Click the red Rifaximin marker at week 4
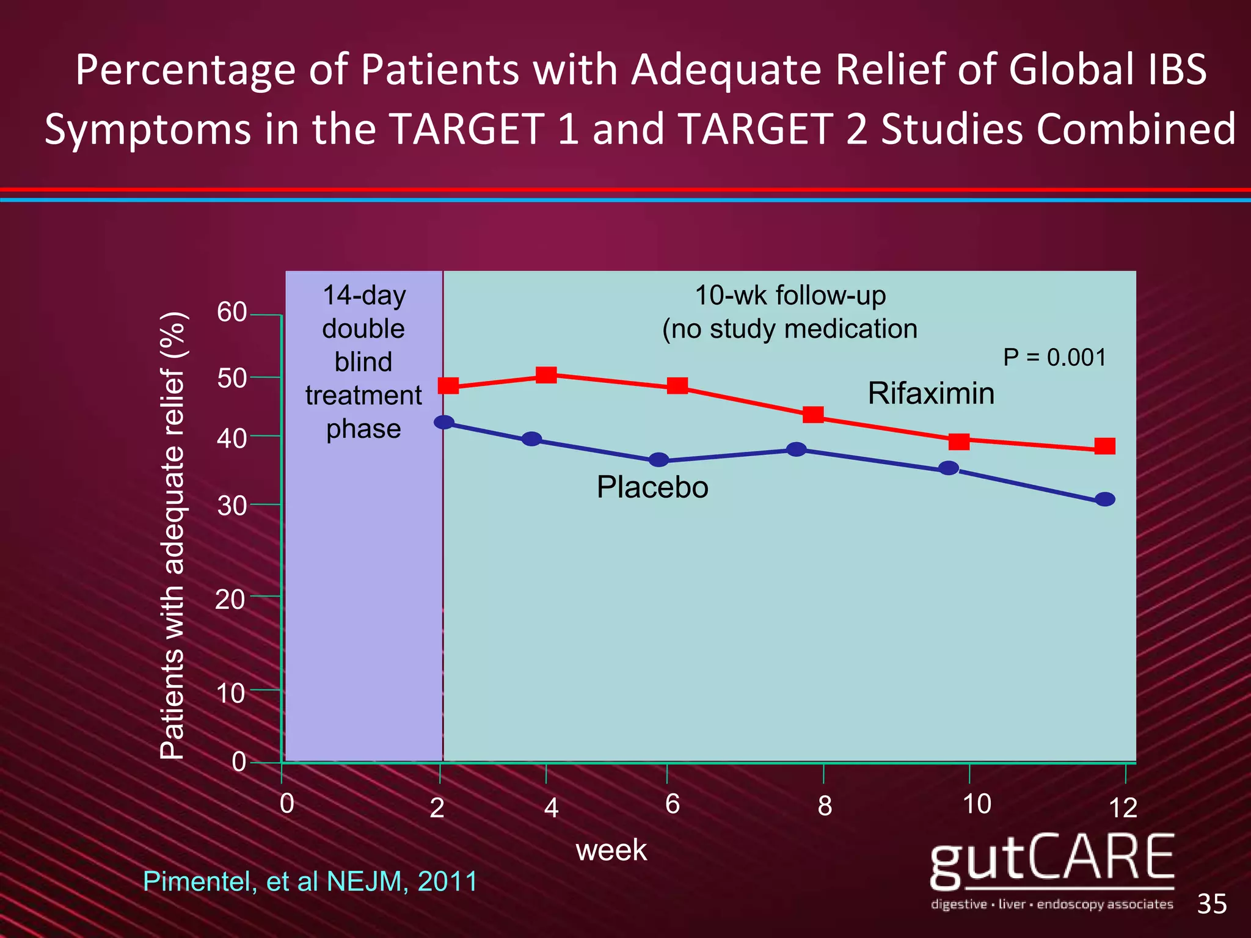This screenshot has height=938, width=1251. pos(546,375)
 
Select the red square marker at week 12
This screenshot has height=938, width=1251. pos(1104,446)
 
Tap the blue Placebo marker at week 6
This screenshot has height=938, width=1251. pos(658,460)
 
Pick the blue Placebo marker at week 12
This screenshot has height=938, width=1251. pos(1105,500)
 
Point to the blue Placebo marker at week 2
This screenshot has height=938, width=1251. pos(444,422)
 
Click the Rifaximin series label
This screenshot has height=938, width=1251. pos(931,393)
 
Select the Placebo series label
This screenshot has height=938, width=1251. pos(652,487)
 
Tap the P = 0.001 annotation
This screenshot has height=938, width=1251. pos(1054,357)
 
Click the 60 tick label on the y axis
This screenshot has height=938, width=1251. pos(232,312)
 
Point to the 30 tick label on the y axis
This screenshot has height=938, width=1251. pos(232,506)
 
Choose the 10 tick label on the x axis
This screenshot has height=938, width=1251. pos(976,804)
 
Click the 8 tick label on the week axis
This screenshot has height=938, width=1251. pos(825,806)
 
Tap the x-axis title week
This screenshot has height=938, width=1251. pos(611,850)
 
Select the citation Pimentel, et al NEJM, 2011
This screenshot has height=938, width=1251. pos(310,881)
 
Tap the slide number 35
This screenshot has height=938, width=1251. pos(1212,904)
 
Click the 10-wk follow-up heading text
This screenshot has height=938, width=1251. pos(790,296)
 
